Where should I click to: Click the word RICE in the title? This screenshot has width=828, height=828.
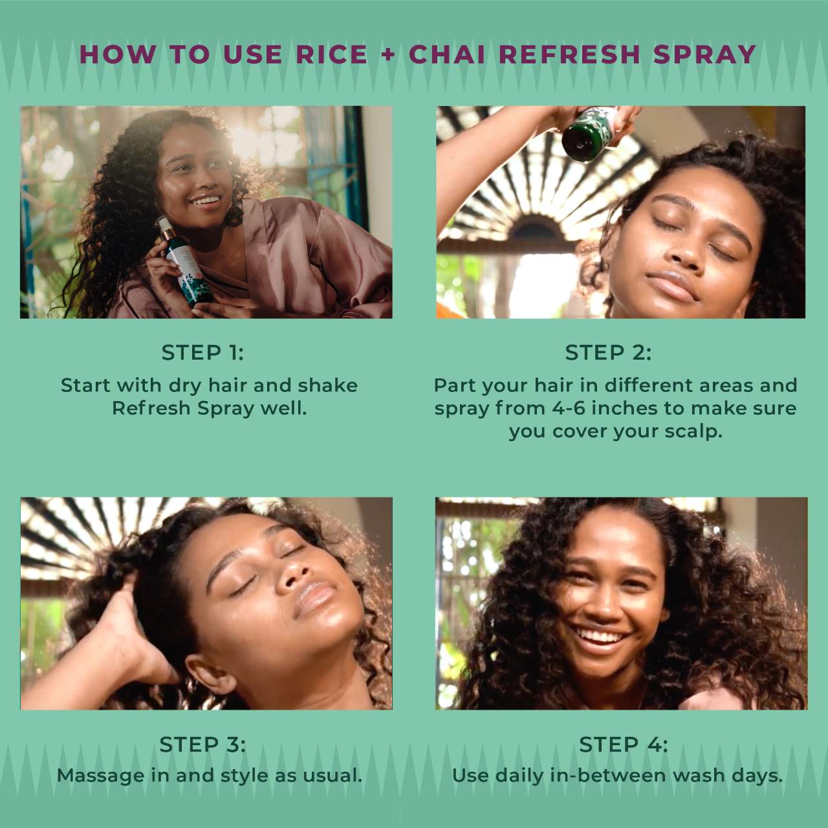pyautogui.click(x=332, y=54)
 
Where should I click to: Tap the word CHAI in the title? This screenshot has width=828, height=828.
pyautogui.click(x=447, y=54)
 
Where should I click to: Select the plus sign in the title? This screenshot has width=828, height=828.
pyautogui.click(x=388, y=54)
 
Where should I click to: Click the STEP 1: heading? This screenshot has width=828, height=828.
pyautogui.click(x=202, y=353)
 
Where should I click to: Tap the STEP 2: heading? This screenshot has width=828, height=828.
pyautogui.click(x=608, y=353)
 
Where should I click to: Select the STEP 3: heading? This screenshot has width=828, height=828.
pyautogui.click(x=202, y=745)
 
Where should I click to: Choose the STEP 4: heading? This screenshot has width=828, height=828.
pyautogui.click(x=623, y=745)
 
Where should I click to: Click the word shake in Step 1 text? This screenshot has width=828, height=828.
pyautogui.click(x=327, y=386)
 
